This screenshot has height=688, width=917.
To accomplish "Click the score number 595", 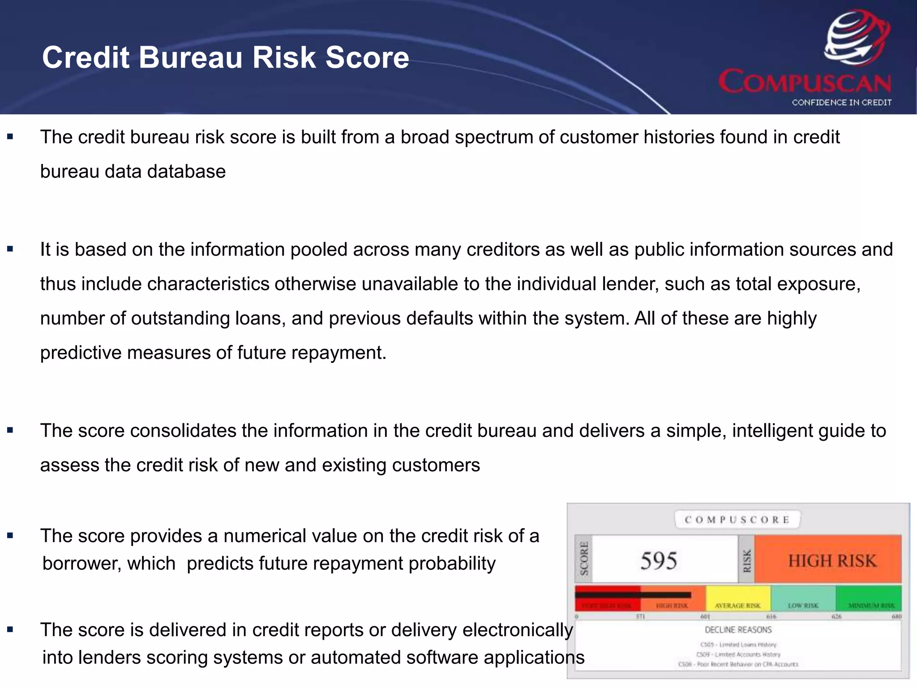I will click(x=658, y=560).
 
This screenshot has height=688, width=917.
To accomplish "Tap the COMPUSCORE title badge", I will click(x=737, y=520).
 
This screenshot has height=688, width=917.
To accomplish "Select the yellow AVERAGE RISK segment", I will click(x=738, y=598).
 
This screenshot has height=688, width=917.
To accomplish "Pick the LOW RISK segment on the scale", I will click(x=803, y=598).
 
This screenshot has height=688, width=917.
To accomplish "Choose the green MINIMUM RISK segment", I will click(x=869, y=598).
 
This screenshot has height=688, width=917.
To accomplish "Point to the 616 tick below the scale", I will click(x=771, y=616).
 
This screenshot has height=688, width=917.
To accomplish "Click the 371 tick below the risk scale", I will click(x=640, y=616).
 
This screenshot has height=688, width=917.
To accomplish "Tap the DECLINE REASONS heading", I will click(x=738, y=630).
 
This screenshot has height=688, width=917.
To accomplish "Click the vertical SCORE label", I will click(x=583, y=559).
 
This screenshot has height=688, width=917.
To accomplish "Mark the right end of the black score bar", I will click(x=690, y=595).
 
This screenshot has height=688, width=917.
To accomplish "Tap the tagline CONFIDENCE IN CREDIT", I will click(x=841, y=103).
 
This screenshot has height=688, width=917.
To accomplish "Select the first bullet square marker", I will click(x=10, y=137).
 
